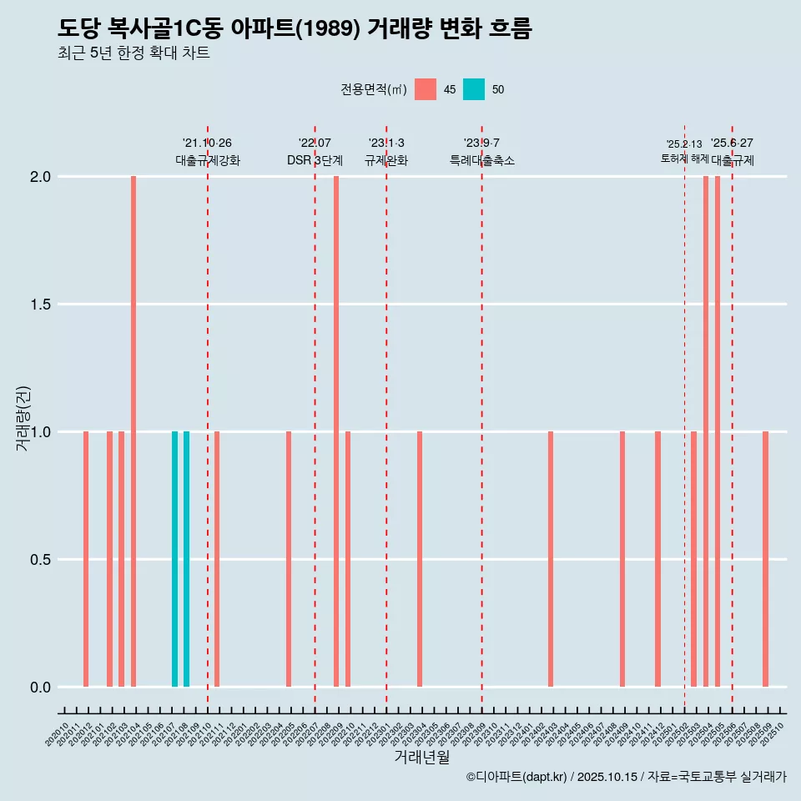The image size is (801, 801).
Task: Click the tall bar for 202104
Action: [x=133, y=431]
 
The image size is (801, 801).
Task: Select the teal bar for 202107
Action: [x=174, y=559]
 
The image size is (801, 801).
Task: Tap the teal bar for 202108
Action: [x=186, y=559]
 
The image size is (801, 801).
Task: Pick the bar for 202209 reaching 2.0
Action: [x=336, y=431]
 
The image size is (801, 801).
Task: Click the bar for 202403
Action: [x=551, y=559]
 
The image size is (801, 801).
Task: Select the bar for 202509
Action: [x=765, y=559]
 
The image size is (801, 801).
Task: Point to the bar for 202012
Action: [x=86, y=559]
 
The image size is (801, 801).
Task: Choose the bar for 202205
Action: [x=289, y=559]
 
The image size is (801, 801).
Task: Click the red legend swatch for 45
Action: [x=426, y=89]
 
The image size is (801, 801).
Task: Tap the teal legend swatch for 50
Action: [x=474, y=89]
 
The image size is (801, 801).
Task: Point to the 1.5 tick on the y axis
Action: [x=41, y=305]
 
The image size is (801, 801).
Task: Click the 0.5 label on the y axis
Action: [x=41, y=560]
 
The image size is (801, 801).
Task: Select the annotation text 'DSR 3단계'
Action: [x=315, y=160]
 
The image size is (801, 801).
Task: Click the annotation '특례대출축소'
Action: [x=481, y=160]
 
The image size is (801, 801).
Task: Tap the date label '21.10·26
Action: [x=207, y=143]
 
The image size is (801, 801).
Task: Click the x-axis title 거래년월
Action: [x=421, y=757]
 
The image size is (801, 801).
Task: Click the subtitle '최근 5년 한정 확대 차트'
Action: [x=133, y=53]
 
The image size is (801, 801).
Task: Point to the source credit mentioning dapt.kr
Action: [x=626, y=777]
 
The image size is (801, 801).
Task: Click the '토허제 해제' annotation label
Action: [x=684, y=158]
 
